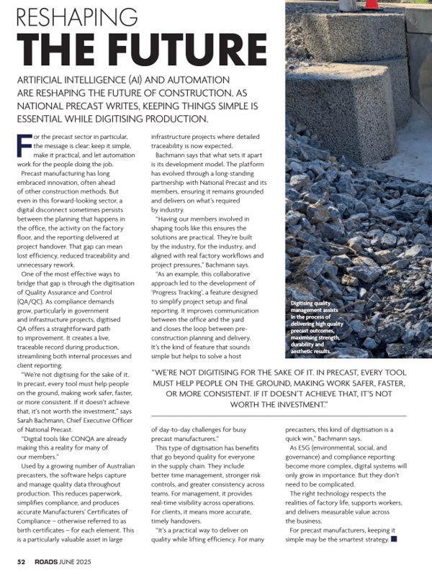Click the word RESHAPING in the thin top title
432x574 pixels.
coord(78,16)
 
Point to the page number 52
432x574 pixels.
coord(22,560)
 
